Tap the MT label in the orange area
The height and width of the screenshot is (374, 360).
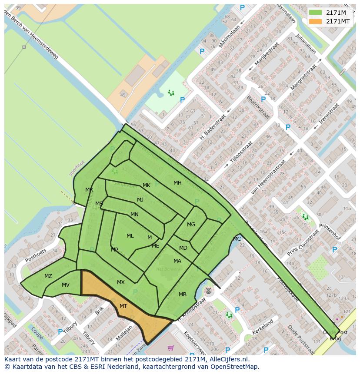pyautogui.click(x=123, y=306)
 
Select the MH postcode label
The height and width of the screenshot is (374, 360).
pyautogui.click(x=177, y=183)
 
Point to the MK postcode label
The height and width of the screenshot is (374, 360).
pyautogui.click(x=147, y=185)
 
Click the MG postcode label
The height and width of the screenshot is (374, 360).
pyautogui.click(x=191, y=225)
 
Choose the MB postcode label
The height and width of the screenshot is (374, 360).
pyautogui.click(x=183, y=295)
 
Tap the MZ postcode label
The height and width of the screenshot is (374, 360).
pyautogui.click(x=48, y=276)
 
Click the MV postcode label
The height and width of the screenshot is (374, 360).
pyautogui.click(x=66, y=285)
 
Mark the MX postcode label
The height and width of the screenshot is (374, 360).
pyautogui.click(x=121, y=282)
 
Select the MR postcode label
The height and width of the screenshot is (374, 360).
pyautogui.click(x=89, y=190)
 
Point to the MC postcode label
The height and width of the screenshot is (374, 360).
pyautogui.click(x=237, y=239)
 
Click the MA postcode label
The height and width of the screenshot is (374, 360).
pyautogui.click(x=177, y=261)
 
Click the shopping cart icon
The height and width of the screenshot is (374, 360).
pyautogui.click(x=170, y=348)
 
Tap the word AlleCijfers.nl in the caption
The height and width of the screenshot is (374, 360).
pyautogui.click(x=228, y=359)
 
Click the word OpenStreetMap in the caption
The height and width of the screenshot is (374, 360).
pyautogui.click(x=234, y=367)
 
